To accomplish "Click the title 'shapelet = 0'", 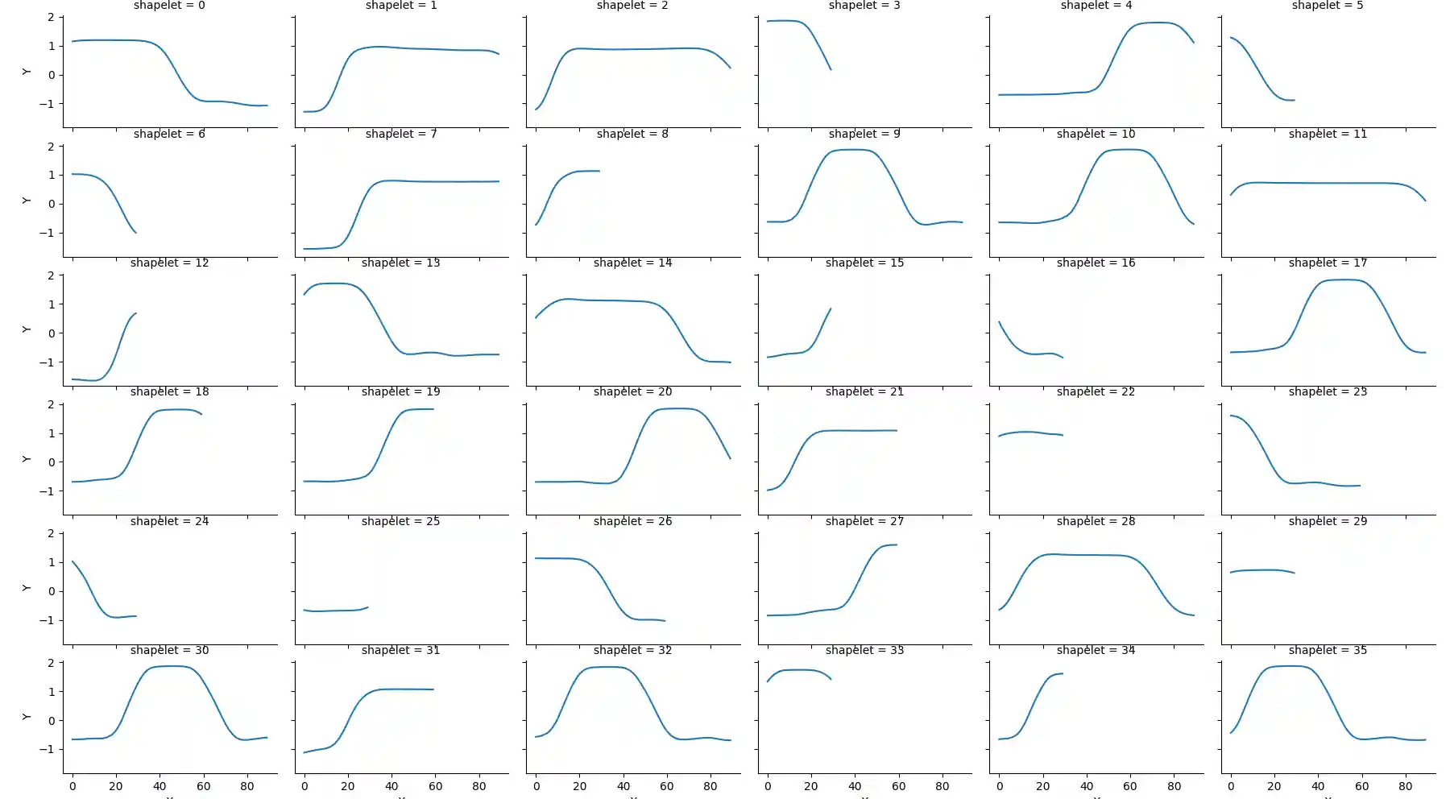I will point(169,6).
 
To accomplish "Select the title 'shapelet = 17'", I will point(1328,263).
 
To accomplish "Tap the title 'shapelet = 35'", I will point(1328,650).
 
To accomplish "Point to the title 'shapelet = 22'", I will point(1096,391).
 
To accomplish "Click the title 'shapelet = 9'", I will point(864,134).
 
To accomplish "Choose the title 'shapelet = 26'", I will point(632,521).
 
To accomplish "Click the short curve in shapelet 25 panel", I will point(334,611).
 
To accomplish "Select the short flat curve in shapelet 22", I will point(1030,433).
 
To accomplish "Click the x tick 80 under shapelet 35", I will point(1406,786).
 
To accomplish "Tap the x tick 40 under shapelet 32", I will point(623,786).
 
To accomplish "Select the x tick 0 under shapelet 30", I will point(72,786).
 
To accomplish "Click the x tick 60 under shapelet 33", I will point(898,786).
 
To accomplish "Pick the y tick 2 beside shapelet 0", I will point(52,17).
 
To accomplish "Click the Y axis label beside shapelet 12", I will point(26,329).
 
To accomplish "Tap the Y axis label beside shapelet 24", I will point(26,588).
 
